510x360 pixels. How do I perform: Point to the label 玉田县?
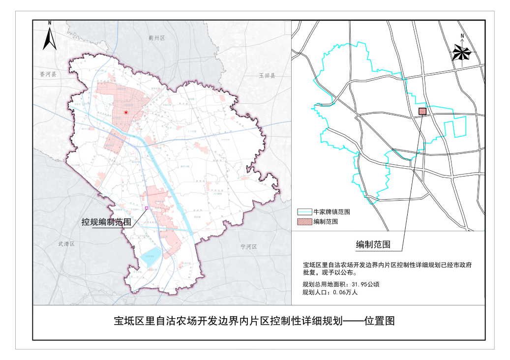coord(268,76)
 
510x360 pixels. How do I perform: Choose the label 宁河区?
coord(249,246)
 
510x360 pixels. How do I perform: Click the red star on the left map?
coord(126,113)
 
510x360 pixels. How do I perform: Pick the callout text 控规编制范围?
coord(106,222)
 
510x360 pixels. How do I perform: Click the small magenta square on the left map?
coord(147,209)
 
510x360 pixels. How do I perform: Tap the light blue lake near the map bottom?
coord(151,256)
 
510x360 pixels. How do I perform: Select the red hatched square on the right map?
coord(422,111)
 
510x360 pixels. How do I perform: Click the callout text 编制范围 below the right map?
coord(373,244)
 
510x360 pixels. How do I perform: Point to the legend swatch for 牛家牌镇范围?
coord(304,211)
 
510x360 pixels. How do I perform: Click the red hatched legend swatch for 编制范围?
coord(304,222)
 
